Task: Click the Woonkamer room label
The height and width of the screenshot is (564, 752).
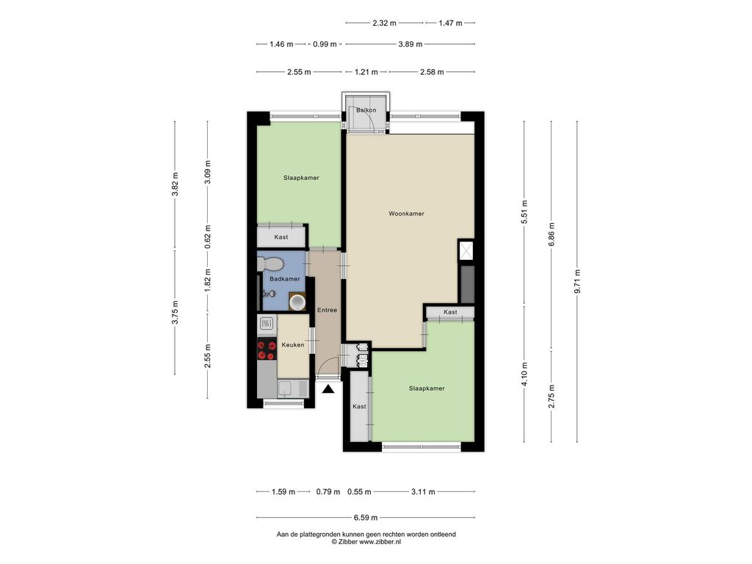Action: click(x=406, y=214)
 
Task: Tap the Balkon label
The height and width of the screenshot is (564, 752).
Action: click(x=366, y=110)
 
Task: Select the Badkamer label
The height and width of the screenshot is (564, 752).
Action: click(x=285, y=279)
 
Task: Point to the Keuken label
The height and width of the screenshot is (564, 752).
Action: click(x=292, y=345)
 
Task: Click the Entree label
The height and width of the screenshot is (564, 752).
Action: click(x=327, y=311)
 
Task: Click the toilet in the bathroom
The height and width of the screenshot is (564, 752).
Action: click(x=270, y=264)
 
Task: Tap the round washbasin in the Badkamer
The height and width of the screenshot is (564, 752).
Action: click(x=297, y=302)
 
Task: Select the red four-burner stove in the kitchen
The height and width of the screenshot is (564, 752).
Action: click(x=267, y=349)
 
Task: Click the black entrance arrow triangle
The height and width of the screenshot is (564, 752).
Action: click(x=328, y=389)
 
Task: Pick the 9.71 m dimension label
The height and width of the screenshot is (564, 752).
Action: click(x=577, y=281)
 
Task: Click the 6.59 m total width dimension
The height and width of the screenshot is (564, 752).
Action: click(x=366, y=518)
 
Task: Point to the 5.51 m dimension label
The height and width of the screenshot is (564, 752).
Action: click(x=524, y=212)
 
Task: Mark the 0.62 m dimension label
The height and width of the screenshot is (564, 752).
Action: click(x=207, y=236)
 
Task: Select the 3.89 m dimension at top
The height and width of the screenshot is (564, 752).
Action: click(x=410, y=44)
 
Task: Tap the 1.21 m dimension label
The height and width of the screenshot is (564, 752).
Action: click(x=366, y=72)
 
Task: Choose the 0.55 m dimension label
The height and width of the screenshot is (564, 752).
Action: click(x=359, y=491)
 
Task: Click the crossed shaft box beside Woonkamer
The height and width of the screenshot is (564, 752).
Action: click(x=466, y=250)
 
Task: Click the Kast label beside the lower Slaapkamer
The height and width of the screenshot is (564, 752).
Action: click(x=359, y=407)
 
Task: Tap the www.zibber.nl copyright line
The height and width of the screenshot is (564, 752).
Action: click(x=366, y=542)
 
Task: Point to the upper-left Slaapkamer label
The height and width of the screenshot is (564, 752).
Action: click(x=301, y=178)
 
